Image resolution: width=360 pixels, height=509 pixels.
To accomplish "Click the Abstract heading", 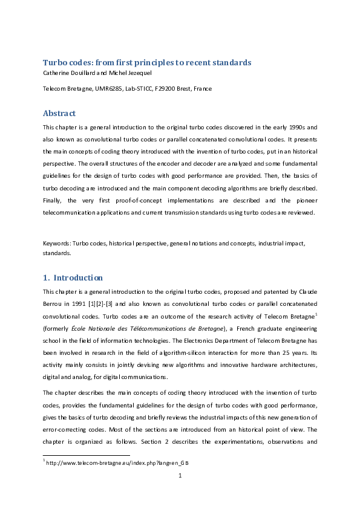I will point(59,113).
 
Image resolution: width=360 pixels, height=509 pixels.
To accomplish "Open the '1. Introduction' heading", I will point(73,277).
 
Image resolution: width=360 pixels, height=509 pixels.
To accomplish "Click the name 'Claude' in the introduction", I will point(307,292).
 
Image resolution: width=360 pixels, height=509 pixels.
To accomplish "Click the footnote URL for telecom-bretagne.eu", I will point(105,464).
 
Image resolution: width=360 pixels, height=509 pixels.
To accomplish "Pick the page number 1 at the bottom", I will point(180,476).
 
